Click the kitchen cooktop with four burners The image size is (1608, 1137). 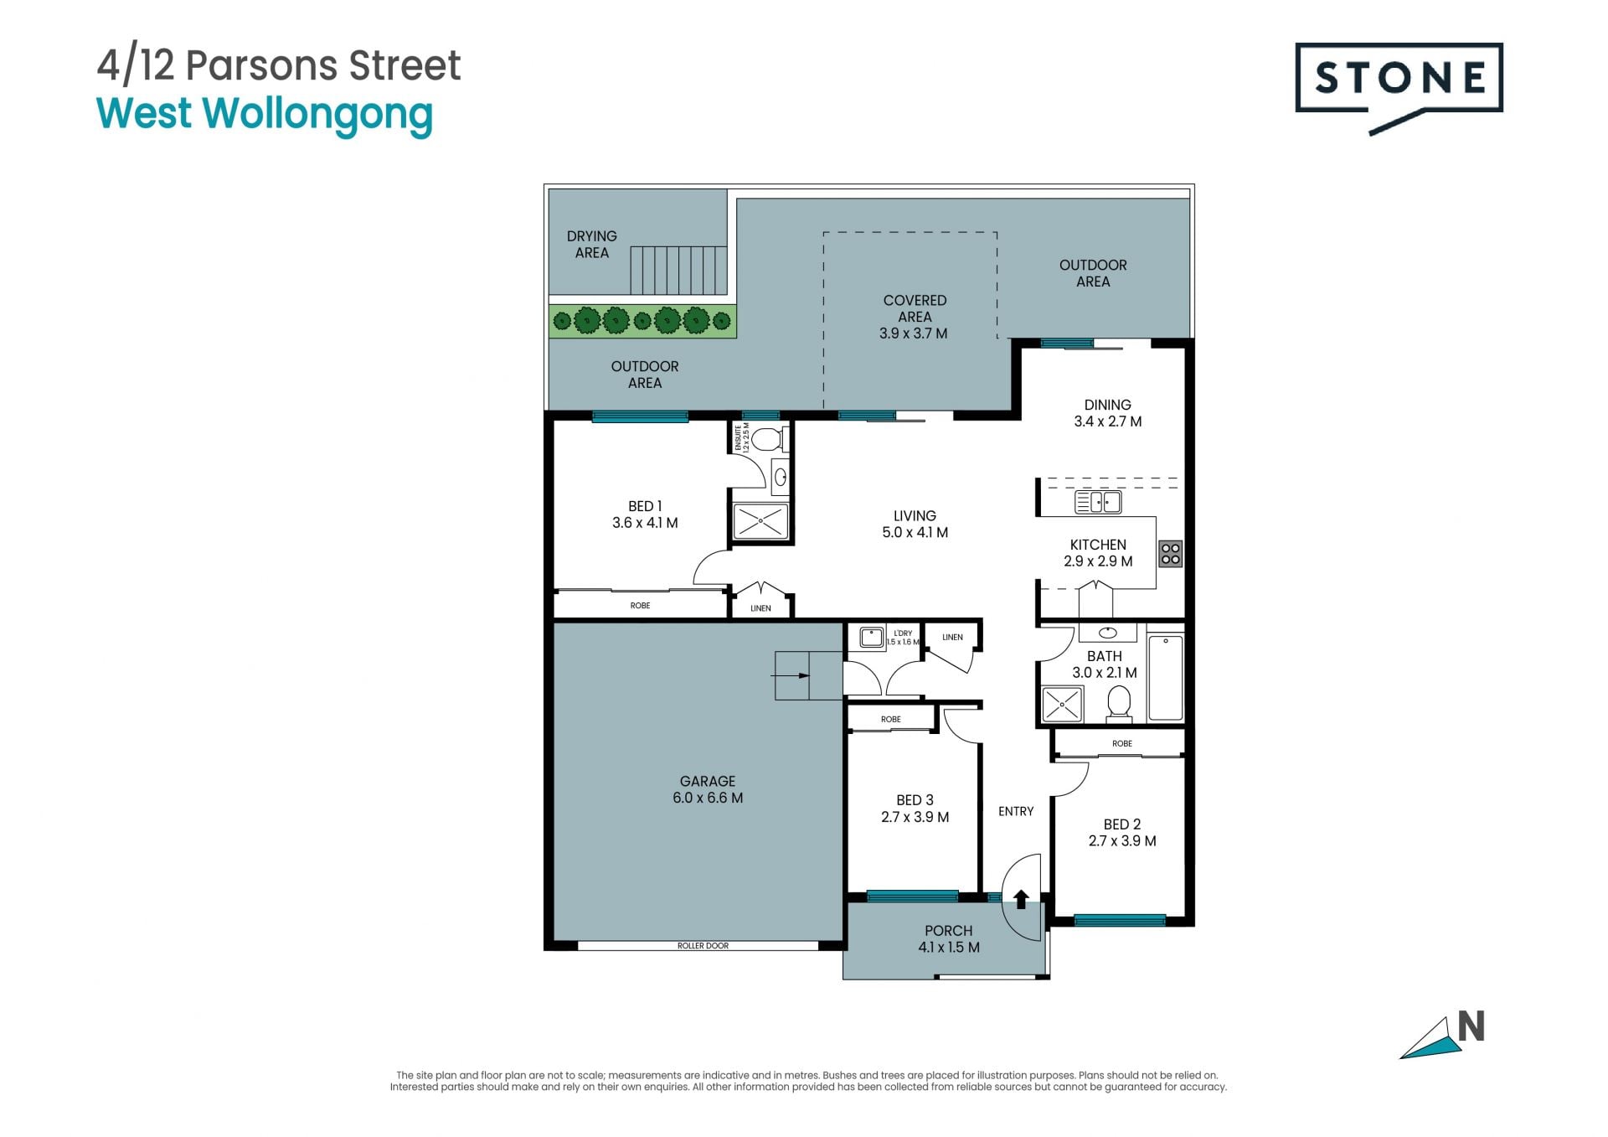point(1170,553)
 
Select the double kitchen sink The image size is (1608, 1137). point(1098,502)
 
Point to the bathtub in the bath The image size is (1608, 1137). point(1165,677)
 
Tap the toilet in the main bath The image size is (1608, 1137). point(1119,703)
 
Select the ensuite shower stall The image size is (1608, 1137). point(760,521)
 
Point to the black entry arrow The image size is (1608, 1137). point(1021,899)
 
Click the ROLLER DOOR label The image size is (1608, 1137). point(703,946)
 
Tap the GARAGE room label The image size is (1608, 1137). point(708,781)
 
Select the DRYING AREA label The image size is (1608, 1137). point(592,245)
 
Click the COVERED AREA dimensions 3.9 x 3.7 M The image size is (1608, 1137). point(914,333)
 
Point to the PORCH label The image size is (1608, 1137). point(949,931)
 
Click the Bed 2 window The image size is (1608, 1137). point(1120,920)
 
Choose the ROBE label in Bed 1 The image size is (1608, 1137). point(640,606)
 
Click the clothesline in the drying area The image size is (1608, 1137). point(678,270)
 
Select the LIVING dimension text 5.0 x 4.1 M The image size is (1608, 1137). point(915,533)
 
